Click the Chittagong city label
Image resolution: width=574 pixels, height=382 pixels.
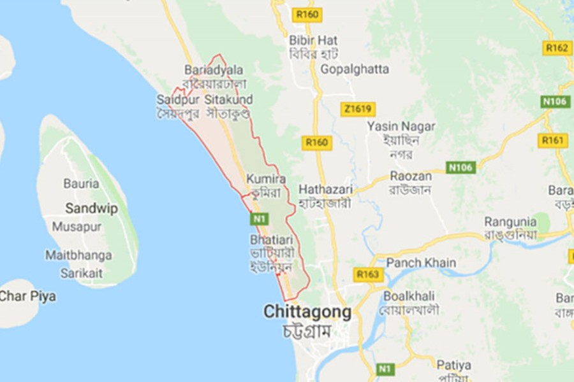pos(307,313)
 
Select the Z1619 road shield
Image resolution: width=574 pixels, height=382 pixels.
pos(357,109)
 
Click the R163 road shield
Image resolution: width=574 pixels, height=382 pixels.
pos(367,274)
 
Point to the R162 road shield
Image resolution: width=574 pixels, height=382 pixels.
pos(557,47)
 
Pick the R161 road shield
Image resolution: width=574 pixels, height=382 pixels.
pos(552,140)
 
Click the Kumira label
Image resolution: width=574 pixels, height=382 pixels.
pos(266,179)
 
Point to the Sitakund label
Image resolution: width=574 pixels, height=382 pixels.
pos(228,100)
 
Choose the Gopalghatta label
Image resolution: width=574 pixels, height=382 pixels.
pos(355,69)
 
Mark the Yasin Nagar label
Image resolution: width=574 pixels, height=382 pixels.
pos(401,126)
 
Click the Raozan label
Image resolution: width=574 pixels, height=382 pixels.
pos(411,176)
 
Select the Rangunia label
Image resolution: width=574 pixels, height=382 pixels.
pos(510,222)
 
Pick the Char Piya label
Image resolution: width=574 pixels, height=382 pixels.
pos(27,296)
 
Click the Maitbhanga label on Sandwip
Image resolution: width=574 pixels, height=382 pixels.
pos(78,255)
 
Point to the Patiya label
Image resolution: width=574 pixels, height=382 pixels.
pos(454,365)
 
